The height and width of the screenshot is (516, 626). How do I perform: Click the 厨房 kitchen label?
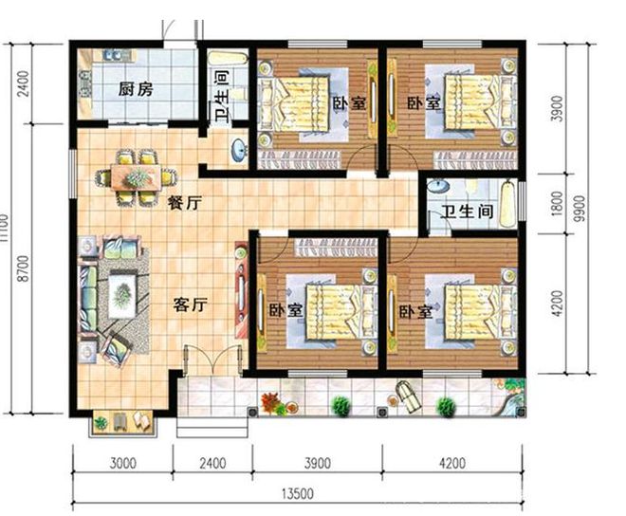[136, 89]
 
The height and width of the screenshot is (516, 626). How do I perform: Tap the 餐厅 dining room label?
[185, 203]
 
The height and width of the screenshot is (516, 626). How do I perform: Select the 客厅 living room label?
[190, 305]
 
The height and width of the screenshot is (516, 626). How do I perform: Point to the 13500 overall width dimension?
[298, 494]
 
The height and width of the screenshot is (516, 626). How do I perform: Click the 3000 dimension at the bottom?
[123, 463]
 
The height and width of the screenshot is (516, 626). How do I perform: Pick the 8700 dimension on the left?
[24, 268]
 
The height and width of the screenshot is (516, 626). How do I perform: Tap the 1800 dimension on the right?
[557, 204]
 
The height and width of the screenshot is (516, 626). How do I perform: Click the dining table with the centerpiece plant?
[137, 177]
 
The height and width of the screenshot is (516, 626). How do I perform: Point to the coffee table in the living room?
[122, 294]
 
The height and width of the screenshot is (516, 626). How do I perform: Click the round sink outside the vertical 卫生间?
[239, 150]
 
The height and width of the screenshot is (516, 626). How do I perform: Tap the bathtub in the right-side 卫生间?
[507, 204]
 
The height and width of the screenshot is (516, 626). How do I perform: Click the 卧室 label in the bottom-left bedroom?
[285, 309]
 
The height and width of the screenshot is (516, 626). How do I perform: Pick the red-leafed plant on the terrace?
[272, 402]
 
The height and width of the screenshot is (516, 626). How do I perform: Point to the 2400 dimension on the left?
[24, 83]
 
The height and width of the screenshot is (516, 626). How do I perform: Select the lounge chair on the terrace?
[407, 395]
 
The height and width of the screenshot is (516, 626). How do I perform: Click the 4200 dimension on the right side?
[557, 304]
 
